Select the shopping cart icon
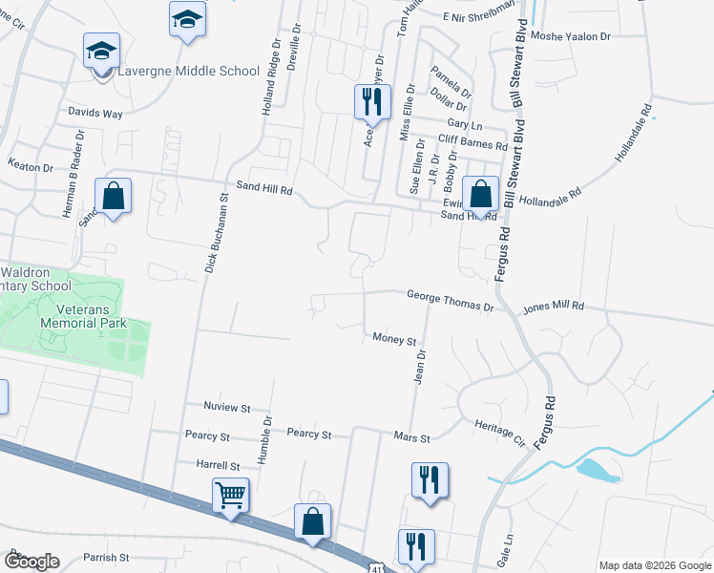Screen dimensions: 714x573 pyautogui.click(x=230, y=497)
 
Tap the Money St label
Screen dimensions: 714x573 pyautogui.click(x=395, y=339)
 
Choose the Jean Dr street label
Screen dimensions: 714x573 pyautogui.click(x=419, y=366)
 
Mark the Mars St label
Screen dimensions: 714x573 pyautogui.click(x=412, y=438)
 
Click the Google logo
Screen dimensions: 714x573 pyautogui.click(x=31, y=562)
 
